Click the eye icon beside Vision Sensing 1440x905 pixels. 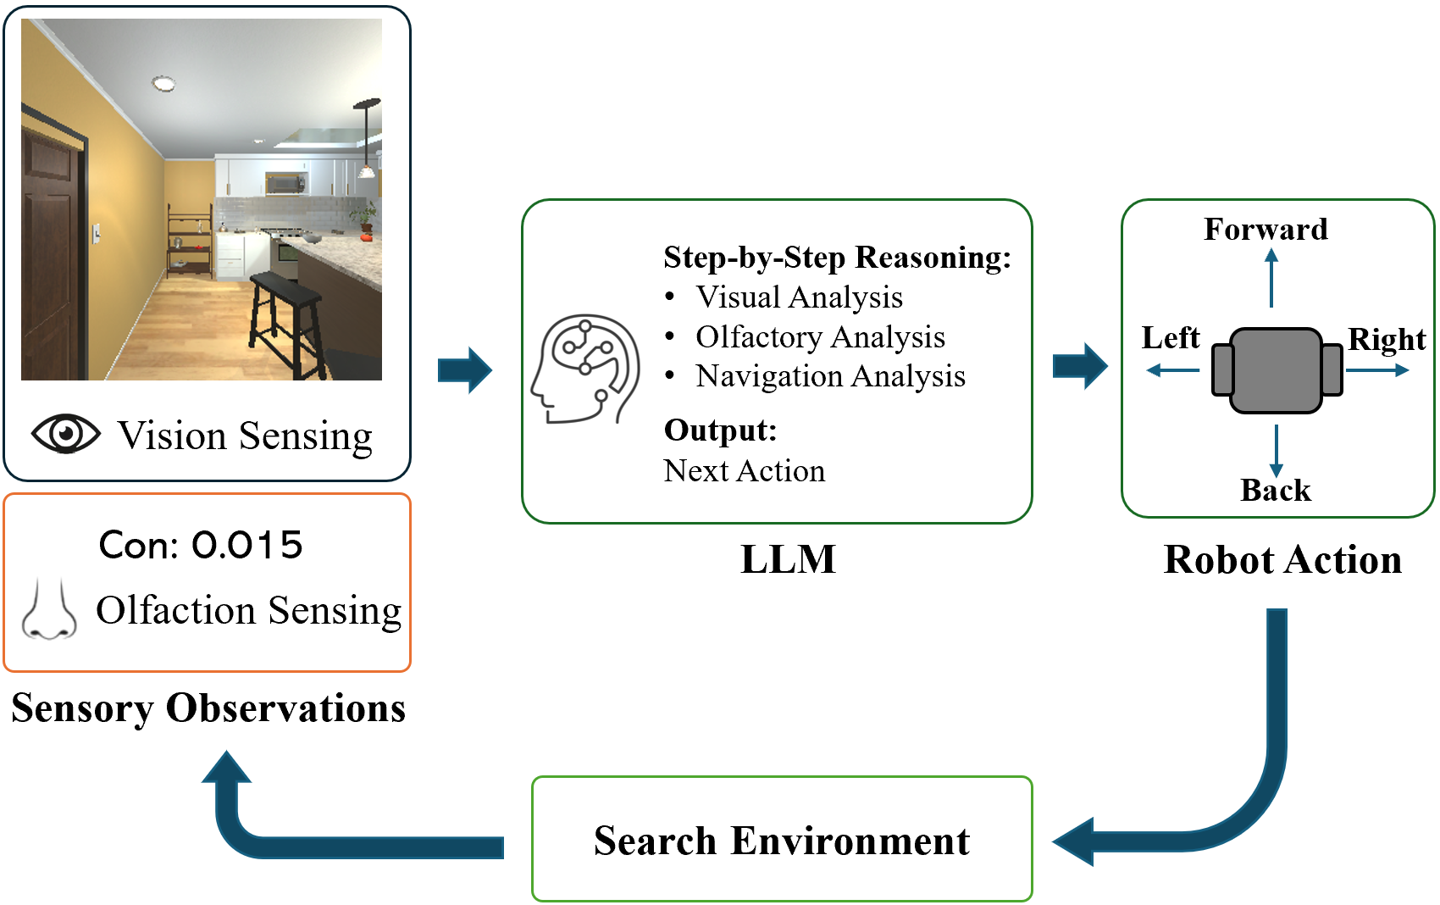coord(66,434)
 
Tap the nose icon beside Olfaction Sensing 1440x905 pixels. coord(49,610)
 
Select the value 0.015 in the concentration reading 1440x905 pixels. coord(246,545)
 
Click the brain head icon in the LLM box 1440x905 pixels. coord(585,369)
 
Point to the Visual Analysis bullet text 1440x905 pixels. coord(799,297)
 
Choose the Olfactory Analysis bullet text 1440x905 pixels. coord(820,337)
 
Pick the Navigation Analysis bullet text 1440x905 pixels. coord(830,376)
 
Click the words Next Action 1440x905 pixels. coord(745,470)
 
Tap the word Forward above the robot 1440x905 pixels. coord(1266,230)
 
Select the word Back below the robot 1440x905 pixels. coord(1275,491)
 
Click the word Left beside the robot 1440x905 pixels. coord(1171,338)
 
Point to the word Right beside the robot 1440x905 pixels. coord(1387,340)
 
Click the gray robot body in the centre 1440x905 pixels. coord(1276,370)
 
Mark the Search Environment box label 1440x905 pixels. coord(781,841)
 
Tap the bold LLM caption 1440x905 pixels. coord(788,560)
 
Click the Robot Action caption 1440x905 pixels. coord(1282,560)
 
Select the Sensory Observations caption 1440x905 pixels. coord(208,708)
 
